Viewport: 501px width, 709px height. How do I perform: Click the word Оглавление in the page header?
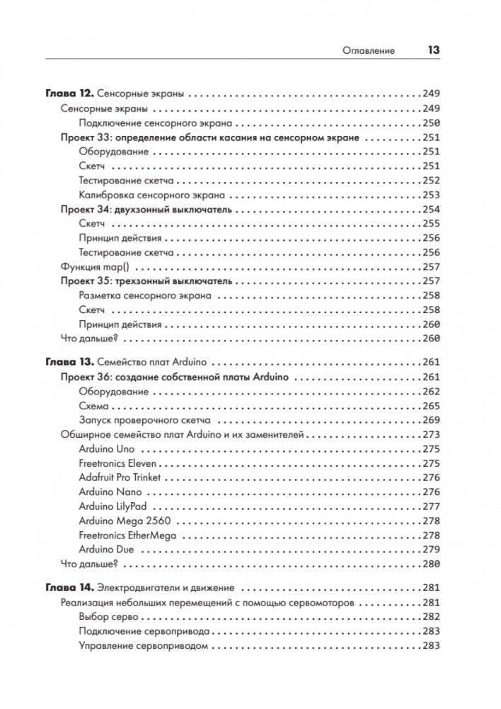tap(368, 50)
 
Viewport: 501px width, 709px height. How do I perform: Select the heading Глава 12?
tap(69, 93)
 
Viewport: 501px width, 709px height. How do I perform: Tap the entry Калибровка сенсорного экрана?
tap(152, 195)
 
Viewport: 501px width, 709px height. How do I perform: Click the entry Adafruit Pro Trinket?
tap(120, 477)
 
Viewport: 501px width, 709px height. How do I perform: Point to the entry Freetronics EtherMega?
tap(127, 535)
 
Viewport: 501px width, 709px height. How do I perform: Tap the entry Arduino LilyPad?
tap(114, 506)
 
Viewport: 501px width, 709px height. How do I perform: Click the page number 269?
tap(430, 420)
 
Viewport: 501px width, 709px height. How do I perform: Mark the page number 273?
tap(430, 434)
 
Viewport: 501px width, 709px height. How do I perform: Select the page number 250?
tap(430, 123)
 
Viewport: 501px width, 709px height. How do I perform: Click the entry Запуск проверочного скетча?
tap(142, 420)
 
